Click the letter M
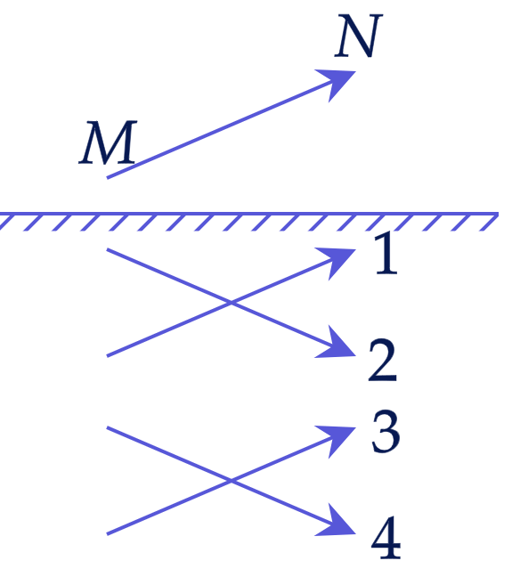tap(108, 142)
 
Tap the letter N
tap(358, 36)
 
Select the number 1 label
tap(386, 253)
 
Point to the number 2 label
tap(383, 360)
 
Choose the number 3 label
tap(386, 431)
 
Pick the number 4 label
tap(386, 538)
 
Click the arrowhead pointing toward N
tap(337, 83)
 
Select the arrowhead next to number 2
tap(337, 344)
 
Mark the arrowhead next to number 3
tap(337, 440)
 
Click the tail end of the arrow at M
tap(108, 177)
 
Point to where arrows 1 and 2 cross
tap(232, 303)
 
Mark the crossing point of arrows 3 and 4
tap(232, 481)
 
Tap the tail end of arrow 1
tap(108, 356)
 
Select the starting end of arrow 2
tap(108, 249)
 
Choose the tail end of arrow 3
tap(108, 534)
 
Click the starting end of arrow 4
tap(108, 427)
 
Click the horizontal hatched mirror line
tap(249, 215)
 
